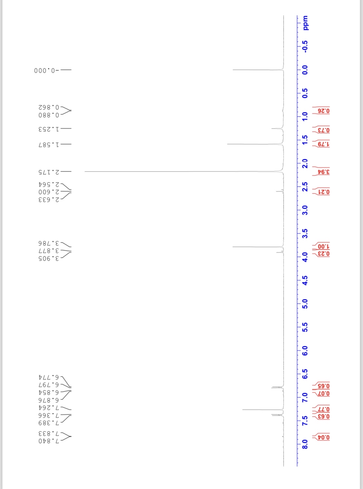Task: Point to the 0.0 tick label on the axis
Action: (305, 70)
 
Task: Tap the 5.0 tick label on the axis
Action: (305, 304)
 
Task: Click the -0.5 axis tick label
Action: (305, 47)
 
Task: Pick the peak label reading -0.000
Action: (46, 70)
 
